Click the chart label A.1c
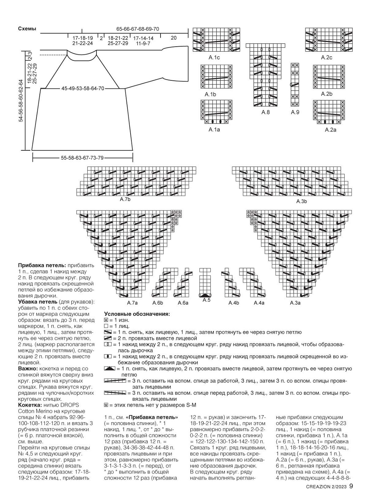click(214, 57)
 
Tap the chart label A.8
click(265, 112)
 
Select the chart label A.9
click(295, 112)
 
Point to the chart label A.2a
click(331, 130)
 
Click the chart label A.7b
click(125, 200)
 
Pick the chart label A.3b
click(301, 201)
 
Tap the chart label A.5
click(206, 300)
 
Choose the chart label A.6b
click(158, 303)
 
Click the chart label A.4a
click(259, 303)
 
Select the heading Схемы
click(27, 29)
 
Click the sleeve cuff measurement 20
click(173, 38)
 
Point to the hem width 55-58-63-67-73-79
click(82, 158)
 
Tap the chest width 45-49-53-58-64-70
click(83, 89)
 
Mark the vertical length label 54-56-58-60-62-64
click(21, 101)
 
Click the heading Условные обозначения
click(137, 314)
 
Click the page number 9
click(351, 486)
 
